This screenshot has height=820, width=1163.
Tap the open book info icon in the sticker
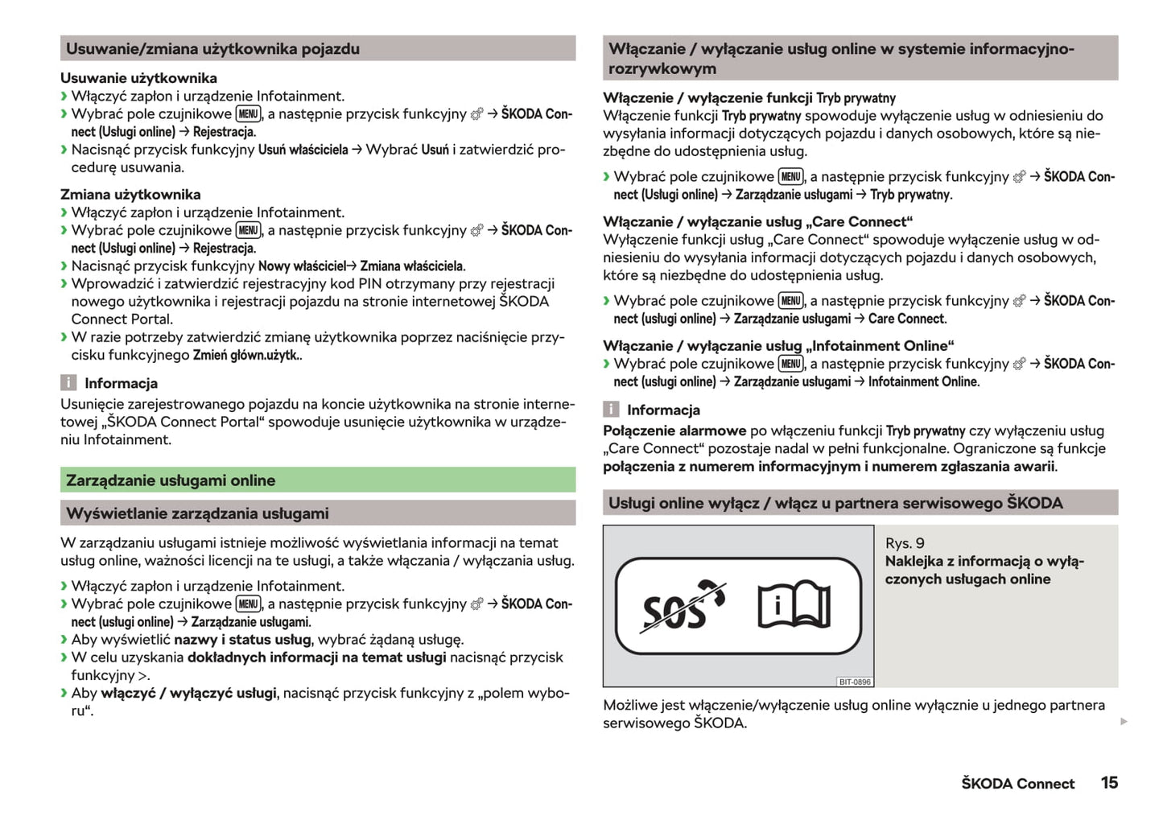click(794, 606)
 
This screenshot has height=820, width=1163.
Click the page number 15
click(1109, 782)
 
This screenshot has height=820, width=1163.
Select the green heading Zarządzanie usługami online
click(171, 480)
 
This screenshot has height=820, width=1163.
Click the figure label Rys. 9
click(905, 543)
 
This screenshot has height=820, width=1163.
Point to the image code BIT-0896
click(854, 682)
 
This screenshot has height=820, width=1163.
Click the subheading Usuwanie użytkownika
click(138, 78)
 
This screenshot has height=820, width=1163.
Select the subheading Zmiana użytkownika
click(130, 194)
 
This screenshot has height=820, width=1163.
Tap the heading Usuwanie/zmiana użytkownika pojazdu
click(212, 49)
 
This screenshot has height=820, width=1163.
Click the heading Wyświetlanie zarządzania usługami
click(197, 513)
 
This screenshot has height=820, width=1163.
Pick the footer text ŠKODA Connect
click(1017, 783)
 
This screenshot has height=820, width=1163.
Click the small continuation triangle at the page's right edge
click(1124, 722)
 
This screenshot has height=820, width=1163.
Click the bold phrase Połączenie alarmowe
click(674, 431)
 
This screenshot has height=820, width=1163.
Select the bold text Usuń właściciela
click(303, 150)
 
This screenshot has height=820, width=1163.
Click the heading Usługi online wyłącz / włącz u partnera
click(835, 503)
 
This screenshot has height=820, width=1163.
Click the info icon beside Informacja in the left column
click(69, 383)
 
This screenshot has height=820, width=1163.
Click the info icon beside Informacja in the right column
click(612, 410)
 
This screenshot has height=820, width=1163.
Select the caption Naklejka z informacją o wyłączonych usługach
click(984, 570)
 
